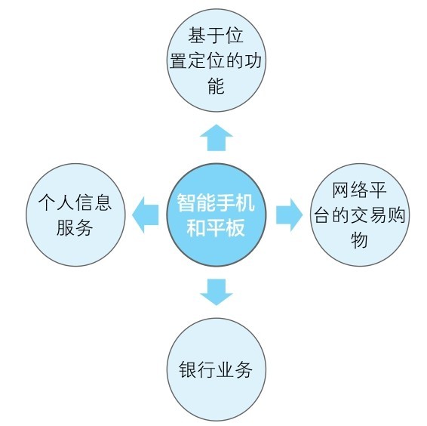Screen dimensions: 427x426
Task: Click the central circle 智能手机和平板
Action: [217, 215]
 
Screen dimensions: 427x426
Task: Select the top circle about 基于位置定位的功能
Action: [217, 60]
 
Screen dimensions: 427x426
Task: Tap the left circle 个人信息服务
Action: [75, 215]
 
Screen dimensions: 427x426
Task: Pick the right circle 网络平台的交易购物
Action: [360, 215]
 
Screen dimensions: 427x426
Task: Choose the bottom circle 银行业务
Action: [217, 370]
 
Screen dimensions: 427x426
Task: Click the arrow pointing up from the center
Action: [217, 137]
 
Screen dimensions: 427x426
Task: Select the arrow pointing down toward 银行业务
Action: [217, 292]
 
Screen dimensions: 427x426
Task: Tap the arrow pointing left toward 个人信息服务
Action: [146, 215]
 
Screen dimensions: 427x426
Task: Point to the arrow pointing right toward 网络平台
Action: [290, 215]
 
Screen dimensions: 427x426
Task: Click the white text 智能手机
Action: [216, 202]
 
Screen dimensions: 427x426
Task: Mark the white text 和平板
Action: [216, 227]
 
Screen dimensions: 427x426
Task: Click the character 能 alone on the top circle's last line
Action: [217, 85]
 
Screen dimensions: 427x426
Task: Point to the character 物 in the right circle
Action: [359, 240]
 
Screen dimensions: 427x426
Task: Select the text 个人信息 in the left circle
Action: [75, 202]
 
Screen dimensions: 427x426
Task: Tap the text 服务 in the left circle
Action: [75, 227]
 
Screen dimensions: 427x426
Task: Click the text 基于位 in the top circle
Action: [216, 35]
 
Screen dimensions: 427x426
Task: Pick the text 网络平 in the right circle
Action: [359, 190]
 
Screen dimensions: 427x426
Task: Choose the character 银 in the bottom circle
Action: [188, 370]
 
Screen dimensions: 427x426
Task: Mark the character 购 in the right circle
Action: [397, 215]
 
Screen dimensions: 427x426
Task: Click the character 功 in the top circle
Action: [253, 60]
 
